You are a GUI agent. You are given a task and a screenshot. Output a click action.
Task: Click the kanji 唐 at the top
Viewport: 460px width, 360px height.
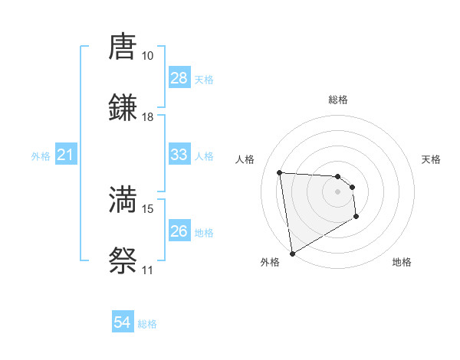pos(123,47)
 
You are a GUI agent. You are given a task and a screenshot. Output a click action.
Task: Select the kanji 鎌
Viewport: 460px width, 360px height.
pos(123,107)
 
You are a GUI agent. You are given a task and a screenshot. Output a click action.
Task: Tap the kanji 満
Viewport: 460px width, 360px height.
pos(123,200)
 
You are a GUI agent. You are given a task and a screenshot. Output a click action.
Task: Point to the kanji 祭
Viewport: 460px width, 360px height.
pos(123,260)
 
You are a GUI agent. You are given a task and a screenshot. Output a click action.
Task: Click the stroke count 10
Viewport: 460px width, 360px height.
pos(148,56)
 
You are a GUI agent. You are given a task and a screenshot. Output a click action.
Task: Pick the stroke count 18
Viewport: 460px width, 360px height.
pos(148,116)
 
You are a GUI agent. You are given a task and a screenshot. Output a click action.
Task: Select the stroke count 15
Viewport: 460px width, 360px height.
pos(148,208)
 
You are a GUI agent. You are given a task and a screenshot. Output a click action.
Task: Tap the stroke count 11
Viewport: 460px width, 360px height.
pos(148,270)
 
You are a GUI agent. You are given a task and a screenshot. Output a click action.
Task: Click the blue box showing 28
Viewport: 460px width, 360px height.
pos(179,78)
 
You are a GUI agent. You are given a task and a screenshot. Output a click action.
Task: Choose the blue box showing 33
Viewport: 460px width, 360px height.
pos(179,155)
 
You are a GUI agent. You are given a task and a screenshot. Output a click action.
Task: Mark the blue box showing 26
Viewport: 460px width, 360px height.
pos(179,231)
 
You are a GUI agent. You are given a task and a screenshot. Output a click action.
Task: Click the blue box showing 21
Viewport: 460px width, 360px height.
pos(66,155)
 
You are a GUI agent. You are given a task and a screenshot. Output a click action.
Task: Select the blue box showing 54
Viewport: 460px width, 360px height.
pos(123,323)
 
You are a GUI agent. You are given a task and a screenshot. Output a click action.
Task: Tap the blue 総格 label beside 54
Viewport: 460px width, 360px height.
pos(147,324)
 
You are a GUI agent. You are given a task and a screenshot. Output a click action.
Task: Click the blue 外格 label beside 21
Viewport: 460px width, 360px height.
pos(41,156)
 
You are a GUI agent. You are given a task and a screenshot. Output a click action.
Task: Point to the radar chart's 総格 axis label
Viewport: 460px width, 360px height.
pos(338,100)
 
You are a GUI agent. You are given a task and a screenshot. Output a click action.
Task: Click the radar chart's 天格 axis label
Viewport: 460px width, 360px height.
pos(432,159)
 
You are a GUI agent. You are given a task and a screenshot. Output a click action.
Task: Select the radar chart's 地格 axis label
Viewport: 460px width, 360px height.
pos(402,262)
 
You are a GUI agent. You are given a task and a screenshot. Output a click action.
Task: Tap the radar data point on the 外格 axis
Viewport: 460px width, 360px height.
pos(291,253)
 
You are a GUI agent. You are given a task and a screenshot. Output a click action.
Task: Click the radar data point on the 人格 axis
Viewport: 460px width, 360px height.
pos(280,172)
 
